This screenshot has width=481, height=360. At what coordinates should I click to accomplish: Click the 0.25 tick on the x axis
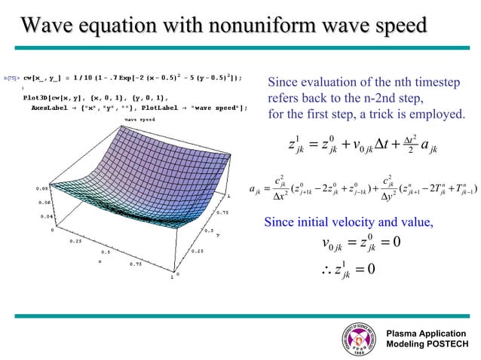(75, 241)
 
